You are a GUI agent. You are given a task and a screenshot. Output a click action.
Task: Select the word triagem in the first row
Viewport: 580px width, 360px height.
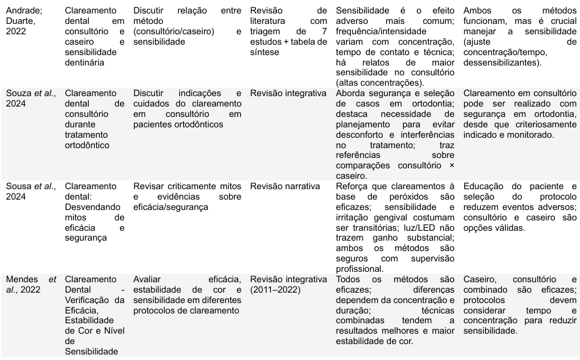click(x=266, y=32)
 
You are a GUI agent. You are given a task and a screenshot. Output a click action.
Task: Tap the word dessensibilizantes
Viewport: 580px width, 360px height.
click(x=506, y=62)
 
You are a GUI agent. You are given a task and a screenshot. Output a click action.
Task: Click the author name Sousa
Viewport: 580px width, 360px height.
click(x=18, y=186)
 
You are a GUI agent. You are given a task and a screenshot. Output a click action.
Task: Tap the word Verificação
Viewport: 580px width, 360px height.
click(x=89, y=299)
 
